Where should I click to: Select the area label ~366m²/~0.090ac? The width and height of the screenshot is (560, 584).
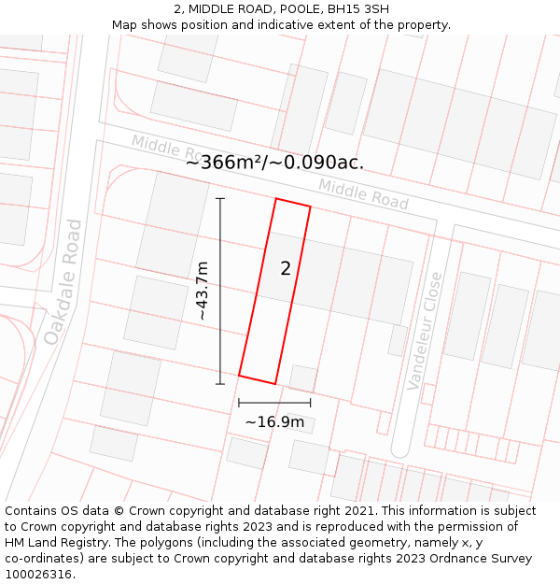274,163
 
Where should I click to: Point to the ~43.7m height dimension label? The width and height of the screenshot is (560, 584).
203,292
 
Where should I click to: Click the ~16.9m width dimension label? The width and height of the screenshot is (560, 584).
274,422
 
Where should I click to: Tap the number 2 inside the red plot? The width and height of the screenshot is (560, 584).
286,269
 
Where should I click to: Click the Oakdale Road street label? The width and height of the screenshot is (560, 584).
62,281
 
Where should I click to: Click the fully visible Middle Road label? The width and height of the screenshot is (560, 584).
363,193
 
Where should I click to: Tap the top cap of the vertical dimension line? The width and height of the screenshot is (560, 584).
220,198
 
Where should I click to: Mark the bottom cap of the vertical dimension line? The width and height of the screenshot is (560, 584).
220,384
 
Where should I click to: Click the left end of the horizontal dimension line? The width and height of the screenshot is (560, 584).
239,403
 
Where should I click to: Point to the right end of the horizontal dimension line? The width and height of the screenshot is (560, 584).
311,403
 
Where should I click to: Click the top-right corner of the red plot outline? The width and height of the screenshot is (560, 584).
311,207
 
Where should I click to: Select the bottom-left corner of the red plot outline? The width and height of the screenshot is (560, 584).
239,376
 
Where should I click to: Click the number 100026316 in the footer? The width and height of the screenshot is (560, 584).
39,575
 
